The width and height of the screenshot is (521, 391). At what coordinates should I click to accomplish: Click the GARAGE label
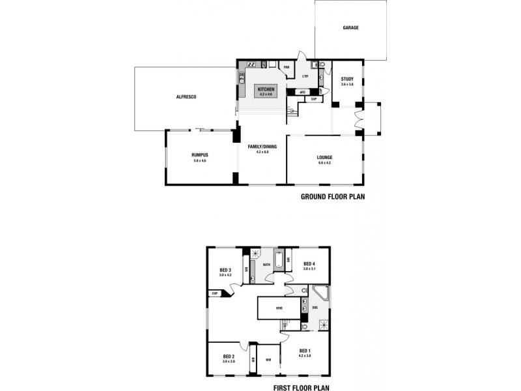click(x=351, y=27)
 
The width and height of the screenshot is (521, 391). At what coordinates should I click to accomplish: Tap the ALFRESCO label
click(x=186, y=96)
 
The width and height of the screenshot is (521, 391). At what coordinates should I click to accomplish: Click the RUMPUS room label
click(x=199, y=154)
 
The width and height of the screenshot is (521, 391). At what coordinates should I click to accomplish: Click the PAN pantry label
click(x=285, y=66)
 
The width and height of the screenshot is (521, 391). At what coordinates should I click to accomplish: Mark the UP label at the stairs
click(x=292, y=113)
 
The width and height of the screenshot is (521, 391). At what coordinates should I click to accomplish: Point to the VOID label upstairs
click(x=279, y=308)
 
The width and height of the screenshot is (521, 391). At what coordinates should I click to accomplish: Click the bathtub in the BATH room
click(x=280, y=262)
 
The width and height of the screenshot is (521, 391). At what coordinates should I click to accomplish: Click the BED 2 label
click(x=228, y=356)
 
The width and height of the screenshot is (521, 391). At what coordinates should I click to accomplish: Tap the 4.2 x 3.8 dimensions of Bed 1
click(x=306, y=356)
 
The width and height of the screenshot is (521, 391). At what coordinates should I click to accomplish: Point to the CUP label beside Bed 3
click(x=214, y=293)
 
